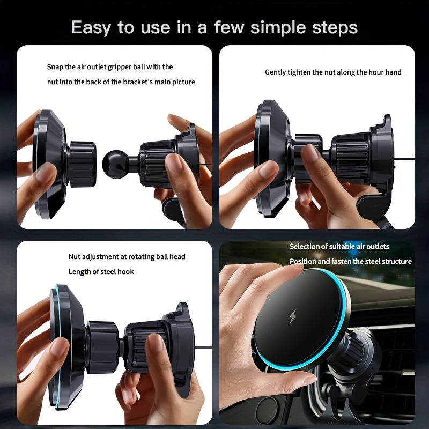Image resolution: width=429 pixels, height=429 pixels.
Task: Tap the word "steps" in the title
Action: click(x=331, y=27)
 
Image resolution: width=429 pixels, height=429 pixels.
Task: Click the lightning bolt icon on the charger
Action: click(x=292, y=316)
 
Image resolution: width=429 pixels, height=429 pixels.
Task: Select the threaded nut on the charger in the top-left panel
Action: click(x=82, y=164)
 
